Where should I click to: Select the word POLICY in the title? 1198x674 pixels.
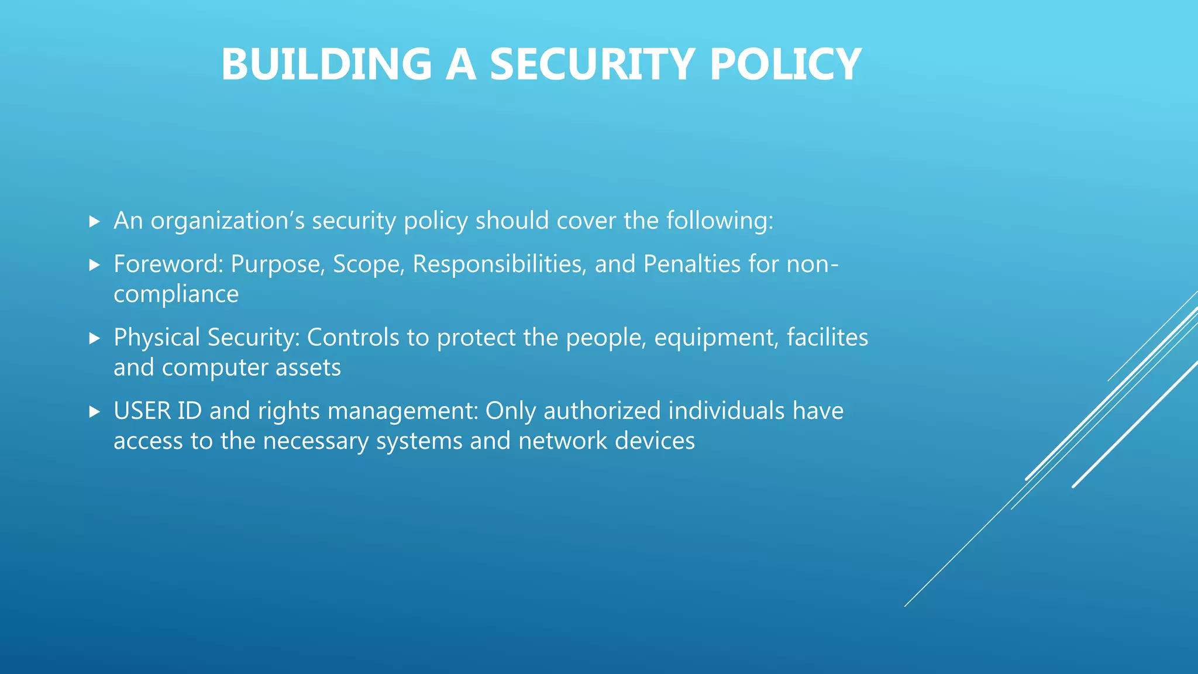click(785, 64)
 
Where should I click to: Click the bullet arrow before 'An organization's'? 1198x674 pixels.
click(95, 222)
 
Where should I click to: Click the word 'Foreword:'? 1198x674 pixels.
click(168, 264)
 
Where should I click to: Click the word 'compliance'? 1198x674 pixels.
click(176, 294)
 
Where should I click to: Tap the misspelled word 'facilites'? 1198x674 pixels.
click(827, 338)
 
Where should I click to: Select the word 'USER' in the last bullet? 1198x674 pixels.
click(142, 411)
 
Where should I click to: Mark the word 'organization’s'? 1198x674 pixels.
click(228, 221)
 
